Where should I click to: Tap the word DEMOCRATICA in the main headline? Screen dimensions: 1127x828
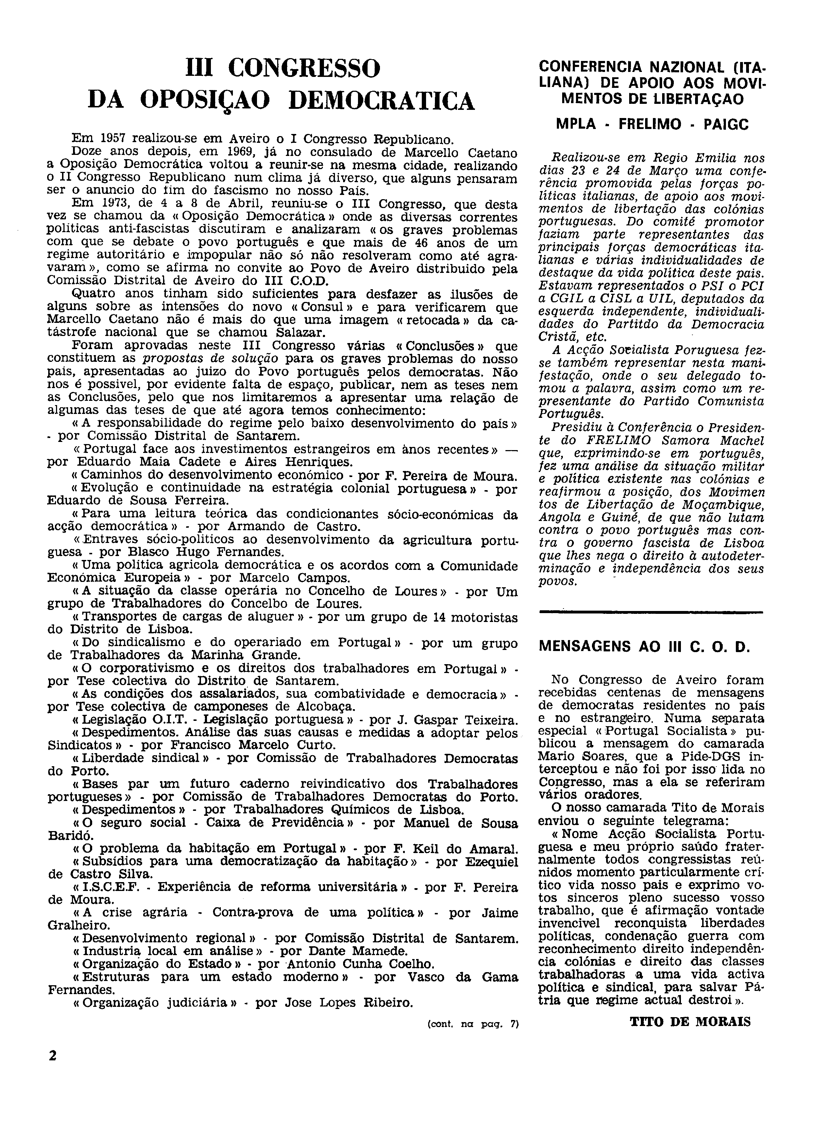382,101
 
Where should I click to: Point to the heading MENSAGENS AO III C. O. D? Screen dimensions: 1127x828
644,646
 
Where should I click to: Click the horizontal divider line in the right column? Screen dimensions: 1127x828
650,611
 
